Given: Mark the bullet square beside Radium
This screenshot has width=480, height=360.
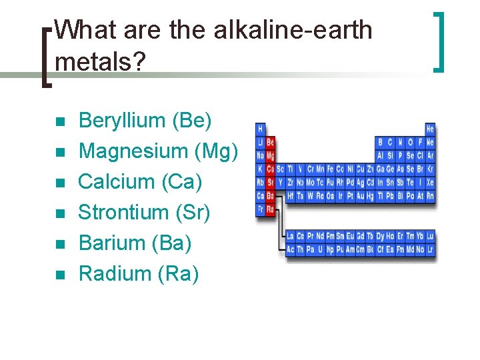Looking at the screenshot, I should [59, 275].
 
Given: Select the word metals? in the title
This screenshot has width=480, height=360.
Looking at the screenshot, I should [101, 62].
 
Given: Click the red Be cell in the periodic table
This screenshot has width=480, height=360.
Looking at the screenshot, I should [270, 142].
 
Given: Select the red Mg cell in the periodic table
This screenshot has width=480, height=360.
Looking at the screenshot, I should [270, 155].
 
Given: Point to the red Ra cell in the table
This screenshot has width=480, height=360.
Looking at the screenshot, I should [270, 209].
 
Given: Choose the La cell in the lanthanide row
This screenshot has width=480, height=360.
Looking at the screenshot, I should [290, 236].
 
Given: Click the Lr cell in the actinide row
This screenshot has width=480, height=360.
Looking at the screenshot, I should [430, 249].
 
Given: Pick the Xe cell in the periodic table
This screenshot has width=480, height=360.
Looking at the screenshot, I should [430, 182].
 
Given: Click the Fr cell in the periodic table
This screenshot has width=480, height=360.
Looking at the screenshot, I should [260, 209].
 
